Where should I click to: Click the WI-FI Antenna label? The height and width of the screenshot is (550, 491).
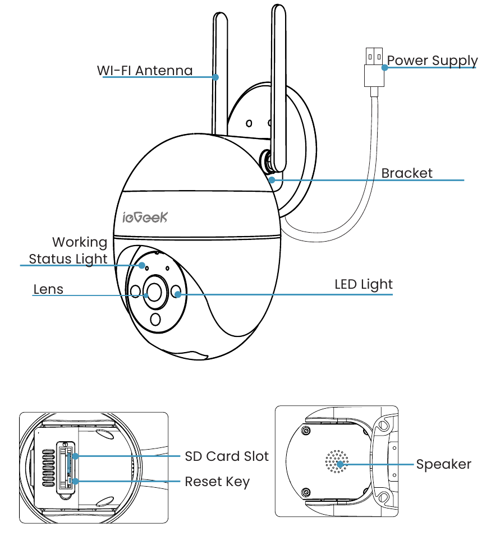(x=145, y=71)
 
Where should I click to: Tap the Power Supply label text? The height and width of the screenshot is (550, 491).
(x=432, y=61)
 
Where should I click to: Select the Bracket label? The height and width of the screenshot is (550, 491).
(x=407, y=173)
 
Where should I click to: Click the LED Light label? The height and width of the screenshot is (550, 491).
(x=363, y=285)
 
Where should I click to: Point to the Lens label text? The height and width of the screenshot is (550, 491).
(x=48, y=289)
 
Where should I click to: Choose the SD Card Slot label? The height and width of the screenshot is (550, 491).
(x=227, y=456)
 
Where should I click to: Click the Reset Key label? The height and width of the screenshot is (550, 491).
(x=217, y=482)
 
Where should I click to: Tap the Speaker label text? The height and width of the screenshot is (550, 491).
(x=444, y=465)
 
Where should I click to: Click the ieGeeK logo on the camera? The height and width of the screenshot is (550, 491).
(x=145, y=218)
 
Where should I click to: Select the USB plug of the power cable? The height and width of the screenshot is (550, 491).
(x=374, y=67)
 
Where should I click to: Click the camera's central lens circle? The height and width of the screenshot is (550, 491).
(x=154, y=292)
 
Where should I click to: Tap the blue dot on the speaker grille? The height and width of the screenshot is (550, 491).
(x=339, y=464)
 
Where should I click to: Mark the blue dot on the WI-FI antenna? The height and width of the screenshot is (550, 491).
(x=215, y=77)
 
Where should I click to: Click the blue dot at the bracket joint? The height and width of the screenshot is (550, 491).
(x=272, y=180)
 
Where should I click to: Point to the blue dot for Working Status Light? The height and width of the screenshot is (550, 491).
(x=142, y=265)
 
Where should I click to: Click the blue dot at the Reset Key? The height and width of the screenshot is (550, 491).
(x=75, y=481)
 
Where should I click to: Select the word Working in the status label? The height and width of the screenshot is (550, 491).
(x=80, y=243)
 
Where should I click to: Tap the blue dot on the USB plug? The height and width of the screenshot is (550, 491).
(x=384, y=67)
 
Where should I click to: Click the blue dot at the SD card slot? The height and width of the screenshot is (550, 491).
(x=75, y=456)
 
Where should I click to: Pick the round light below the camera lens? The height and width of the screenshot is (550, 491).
(x=155, y=319)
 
